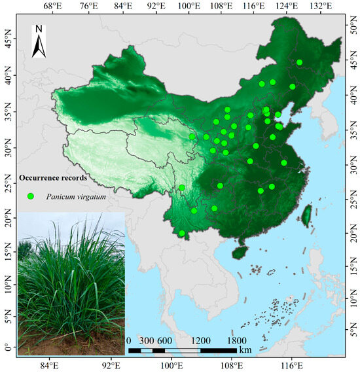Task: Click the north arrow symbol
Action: [39, 41]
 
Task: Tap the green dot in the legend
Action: [30, 195]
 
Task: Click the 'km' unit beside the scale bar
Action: [245, 351]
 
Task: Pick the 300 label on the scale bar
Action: [146, 341]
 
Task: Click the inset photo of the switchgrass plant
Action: [71, 285]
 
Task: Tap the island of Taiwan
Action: [305, 215]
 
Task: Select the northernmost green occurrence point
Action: [299, 63]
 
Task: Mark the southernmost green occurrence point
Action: [182, 233]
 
